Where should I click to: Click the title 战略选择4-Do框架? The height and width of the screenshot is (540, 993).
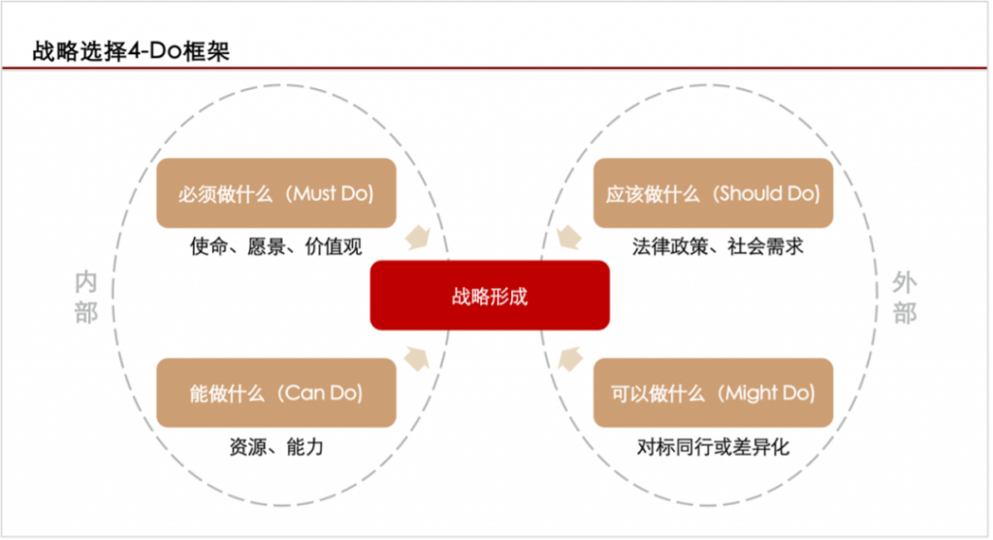coord(131,51)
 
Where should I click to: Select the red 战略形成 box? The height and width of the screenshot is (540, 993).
coord(490,295)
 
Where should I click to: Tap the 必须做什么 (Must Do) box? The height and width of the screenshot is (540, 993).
coord(276,193)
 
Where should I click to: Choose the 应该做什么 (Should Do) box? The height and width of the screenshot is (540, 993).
coord(713,193)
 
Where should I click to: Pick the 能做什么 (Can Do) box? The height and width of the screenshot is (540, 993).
coord(276,393)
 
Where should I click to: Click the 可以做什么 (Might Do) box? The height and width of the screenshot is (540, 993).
coord(713,393)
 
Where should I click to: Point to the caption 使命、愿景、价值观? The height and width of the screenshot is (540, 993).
coord(276,246)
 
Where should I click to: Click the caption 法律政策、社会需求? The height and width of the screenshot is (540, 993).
coord(718,246)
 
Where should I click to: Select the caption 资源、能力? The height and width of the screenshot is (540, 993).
coord(276,447)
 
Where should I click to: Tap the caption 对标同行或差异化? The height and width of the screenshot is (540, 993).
coord(713,447)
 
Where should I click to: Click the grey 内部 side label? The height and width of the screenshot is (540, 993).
coord(86,297)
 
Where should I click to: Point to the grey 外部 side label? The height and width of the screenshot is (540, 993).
coord(905,297)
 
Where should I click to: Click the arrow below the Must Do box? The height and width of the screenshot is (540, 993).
coord(418,238)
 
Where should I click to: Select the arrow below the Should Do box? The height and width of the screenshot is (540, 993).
coord(568,238)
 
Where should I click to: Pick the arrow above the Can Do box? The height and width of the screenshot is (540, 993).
coord(417,359)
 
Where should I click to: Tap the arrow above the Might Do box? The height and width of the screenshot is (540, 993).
coord(570,359)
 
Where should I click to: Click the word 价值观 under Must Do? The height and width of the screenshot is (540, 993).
coord(334,246)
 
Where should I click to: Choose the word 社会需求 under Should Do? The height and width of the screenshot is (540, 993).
coord(766,246)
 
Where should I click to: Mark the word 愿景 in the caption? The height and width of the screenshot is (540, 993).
coord(266,246)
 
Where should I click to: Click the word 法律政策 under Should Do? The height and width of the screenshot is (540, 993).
coord(670,246)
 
